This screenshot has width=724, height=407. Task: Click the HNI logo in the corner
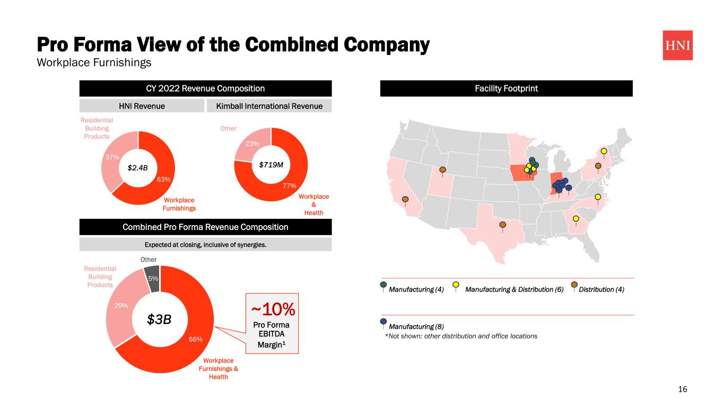coord(677,45)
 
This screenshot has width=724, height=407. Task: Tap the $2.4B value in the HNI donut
coord(138,168)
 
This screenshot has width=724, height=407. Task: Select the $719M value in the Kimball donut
coord(271,165)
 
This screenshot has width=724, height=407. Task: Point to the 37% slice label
coord(111,157)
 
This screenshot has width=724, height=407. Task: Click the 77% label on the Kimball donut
coord(289,185)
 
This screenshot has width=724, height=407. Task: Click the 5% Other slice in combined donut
coord(153,279)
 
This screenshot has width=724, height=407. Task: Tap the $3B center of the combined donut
coord(160,320)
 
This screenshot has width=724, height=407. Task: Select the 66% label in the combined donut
coord(196,340)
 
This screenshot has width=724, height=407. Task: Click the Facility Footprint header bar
coord(506,89)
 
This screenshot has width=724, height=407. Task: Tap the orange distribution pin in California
coord(405,200)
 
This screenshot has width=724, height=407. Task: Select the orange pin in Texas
coord(502,225)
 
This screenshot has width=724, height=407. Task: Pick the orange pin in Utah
coord(443,170)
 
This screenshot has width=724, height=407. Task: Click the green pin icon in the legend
coord(383,285)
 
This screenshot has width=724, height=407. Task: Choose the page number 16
coord(683,390)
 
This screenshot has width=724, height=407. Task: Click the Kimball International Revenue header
coord(269,106)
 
